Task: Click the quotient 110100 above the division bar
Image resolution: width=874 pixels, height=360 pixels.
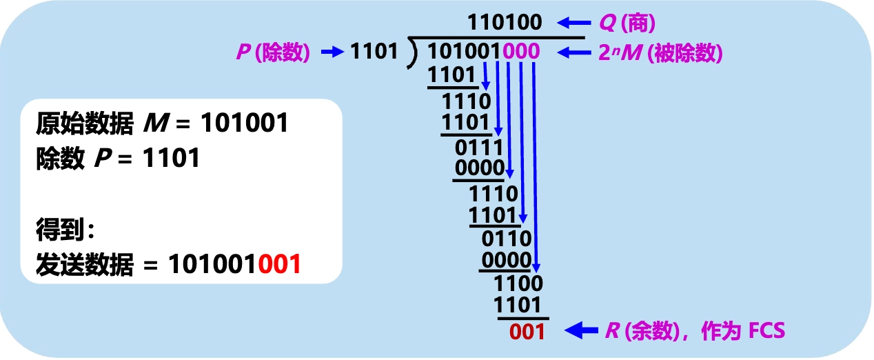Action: point(505,23)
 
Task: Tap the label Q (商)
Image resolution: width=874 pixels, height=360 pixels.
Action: point(627,23)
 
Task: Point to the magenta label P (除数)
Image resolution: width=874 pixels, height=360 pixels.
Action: point(273,52)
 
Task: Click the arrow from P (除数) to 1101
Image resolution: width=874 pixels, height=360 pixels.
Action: point(332,52)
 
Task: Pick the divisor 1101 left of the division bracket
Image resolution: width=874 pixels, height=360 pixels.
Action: point(374,52)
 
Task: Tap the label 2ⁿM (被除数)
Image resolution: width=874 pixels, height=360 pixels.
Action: point(660,52)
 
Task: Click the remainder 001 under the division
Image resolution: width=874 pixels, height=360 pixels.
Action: point(527,332)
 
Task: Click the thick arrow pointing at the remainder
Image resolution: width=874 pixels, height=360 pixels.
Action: point(581,332)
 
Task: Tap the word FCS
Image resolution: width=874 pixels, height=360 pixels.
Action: point(766,332)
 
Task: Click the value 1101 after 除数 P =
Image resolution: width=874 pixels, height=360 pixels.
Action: point(171,159)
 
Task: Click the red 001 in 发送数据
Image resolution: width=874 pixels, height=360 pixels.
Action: point(280,264)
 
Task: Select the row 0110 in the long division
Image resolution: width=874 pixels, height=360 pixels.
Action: point(507,239)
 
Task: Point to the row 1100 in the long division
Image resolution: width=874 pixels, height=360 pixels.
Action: point(519,283)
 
